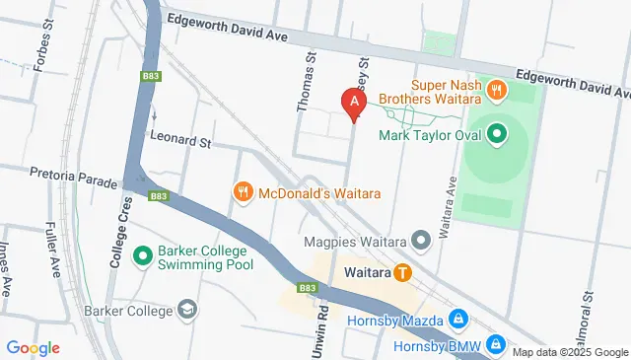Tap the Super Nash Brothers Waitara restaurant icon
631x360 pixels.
tap(497, 90)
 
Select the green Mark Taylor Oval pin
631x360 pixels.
tap(497, 131)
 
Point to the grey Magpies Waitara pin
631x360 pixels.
tap(422, 239)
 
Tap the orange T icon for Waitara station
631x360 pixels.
tap(402, 271)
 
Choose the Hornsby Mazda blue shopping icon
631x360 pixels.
tap(458, 319)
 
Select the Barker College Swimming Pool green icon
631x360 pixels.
tap(143, 255)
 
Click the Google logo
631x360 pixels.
tap(33, 348)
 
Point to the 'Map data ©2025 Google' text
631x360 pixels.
tap(569, 352)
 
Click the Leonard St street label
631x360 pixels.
tap(180, 142)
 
